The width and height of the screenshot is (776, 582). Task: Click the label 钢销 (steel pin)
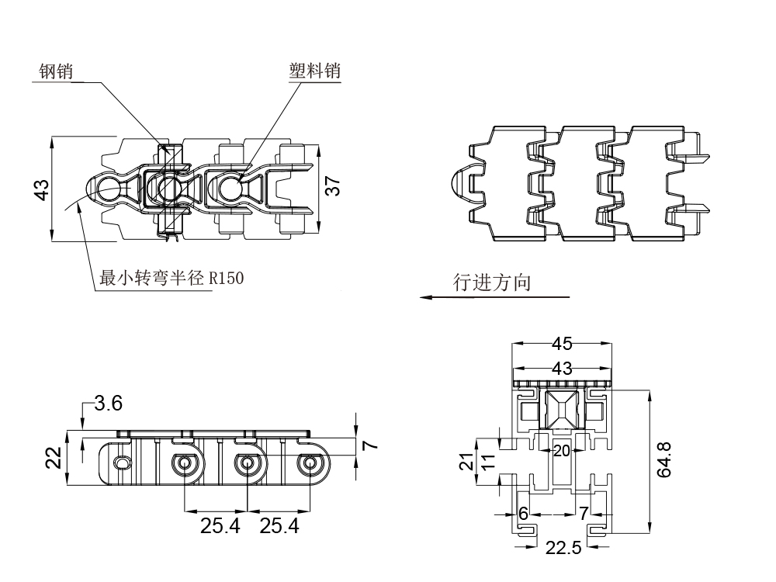56,72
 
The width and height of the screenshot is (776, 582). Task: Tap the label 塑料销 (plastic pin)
314,71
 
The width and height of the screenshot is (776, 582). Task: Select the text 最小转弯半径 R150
171,277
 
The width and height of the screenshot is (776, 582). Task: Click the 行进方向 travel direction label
493,282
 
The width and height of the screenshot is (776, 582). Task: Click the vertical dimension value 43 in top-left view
42,189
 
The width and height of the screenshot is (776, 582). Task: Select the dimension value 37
332,186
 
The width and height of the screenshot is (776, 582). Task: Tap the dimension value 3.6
108,403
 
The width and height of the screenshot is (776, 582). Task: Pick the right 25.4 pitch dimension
279,527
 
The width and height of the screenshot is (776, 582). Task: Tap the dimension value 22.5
563,549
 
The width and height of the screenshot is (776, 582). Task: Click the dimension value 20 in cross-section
561,450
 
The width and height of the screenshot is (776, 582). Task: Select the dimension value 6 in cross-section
523,513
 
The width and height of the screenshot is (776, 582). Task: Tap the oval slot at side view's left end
121,462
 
